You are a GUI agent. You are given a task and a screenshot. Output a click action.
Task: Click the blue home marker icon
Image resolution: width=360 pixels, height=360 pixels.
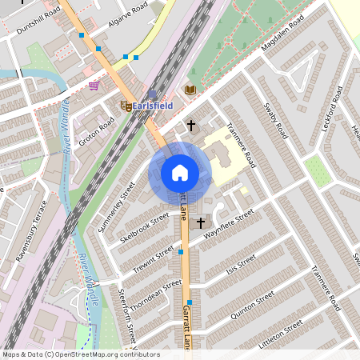[x=179, y=173]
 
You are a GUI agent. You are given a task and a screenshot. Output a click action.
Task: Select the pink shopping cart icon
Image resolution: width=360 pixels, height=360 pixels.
[x=94, y=86]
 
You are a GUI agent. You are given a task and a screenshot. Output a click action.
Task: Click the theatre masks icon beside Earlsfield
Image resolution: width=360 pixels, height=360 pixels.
[x=126, y=106]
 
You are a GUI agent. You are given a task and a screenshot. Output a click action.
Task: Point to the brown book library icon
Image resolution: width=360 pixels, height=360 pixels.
[x=190, y=90]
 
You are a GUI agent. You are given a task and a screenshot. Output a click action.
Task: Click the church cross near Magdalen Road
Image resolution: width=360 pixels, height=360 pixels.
[x=190, y=125]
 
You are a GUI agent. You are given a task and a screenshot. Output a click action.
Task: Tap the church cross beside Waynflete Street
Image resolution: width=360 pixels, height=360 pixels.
[x=200, y=221]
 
